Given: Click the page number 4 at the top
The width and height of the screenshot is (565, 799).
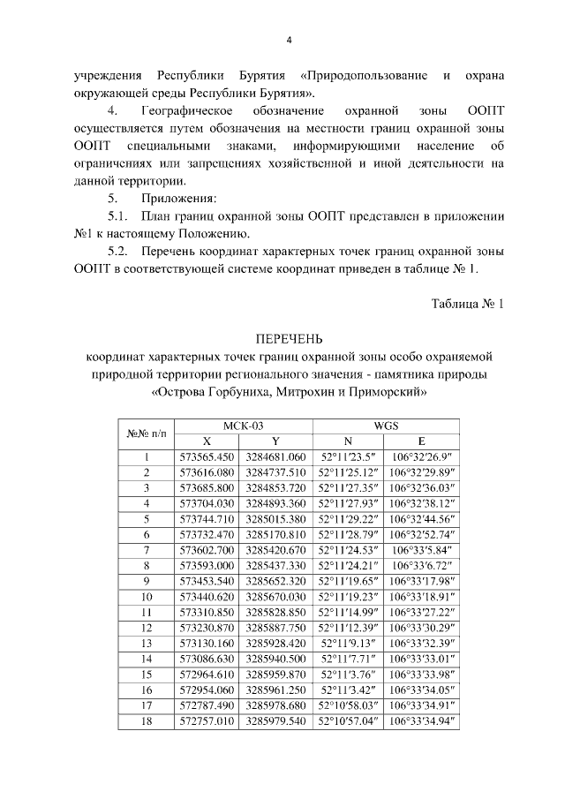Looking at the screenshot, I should [x=289, y=39].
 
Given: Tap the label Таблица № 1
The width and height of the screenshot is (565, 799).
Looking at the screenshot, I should [x=466, y=304].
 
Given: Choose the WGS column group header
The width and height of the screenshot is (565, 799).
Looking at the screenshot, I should [x=386, y=425].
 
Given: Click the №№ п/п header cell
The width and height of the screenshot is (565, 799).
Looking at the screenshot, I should [x=146, y=433].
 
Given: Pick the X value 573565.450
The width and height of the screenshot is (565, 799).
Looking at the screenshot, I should [x=207, y=457].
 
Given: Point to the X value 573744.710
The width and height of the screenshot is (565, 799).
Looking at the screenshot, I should [x=207, y=518].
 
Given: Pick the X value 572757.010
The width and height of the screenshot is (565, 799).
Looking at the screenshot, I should [x=207, y=720].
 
